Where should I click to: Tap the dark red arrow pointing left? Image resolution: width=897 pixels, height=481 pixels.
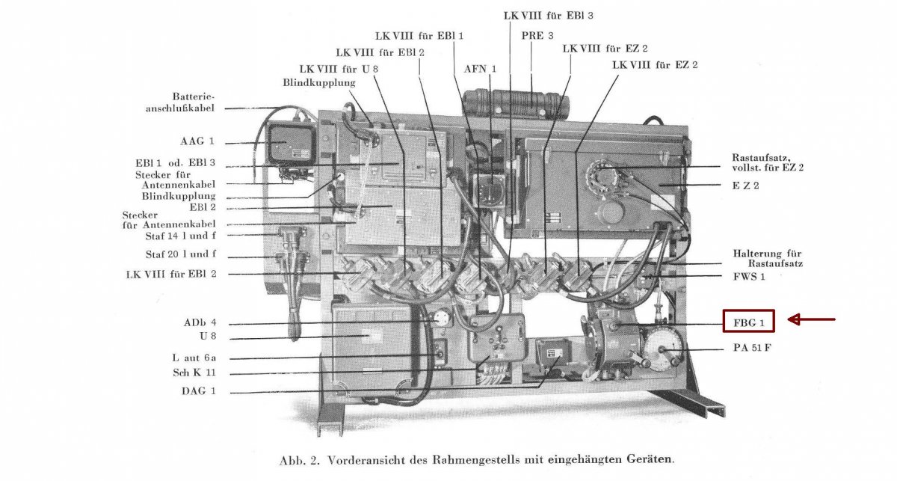click(x=812, y=320)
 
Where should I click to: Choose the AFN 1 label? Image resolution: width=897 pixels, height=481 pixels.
click(x=480, y=69)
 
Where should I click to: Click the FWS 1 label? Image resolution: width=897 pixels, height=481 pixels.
click(x=749, y=277)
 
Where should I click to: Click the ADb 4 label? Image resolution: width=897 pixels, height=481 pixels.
click(x=200, y=323)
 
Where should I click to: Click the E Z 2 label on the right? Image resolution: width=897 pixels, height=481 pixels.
click(x=745, y=185)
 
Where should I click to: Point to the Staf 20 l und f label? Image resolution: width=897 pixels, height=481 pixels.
click(x=180, y=255)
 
